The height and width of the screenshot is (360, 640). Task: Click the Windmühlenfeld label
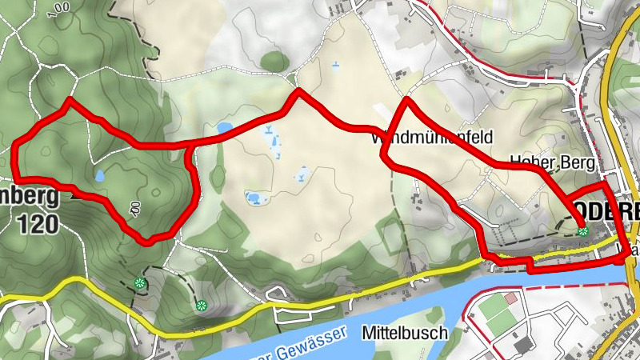[x=431, y=137]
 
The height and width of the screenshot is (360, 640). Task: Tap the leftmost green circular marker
[x=140, y=282]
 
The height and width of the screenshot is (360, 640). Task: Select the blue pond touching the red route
[x=224, y=128]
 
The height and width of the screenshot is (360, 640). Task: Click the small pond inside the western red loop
[x=99, y=174]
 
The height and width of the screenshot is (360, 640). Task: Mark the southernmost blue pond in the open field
[x=254, y=198]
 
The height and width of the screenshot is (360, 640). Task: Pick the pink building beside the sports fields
[x=511, y=298]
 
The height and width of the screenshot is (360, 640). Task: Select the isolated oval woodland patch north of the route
[x=274, y=61]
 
